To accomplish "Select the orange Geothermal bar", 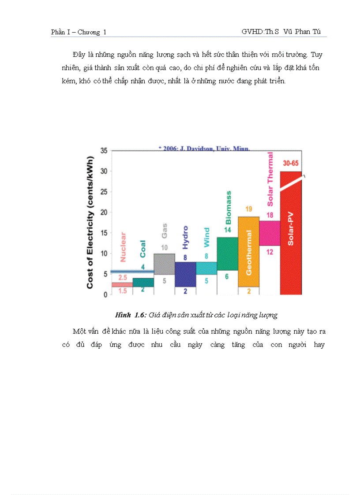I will click(x=248, y=251).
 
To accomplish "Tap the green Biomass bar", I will click(x=227, y=253).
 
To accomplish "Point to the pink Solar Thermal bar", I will click(x=270, y=233).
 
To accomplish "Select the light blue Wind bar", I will click(x=206, y=268).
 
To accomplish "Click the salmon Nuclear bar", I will click(x=122, y=285).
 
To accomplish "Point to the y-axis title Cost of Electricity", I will click(x=90, y=223).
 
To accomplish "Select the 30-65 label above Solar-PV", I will click(x=291, y=163).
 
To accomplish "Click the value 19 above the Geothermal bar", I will click(x=248, y=209).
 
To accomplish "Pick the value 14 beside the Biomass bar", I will click(x=227, y=230).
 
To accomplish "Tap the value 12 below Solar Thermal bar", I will click(x=270, y=252).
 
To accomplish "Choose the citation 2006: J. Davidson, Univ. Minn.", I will click(x=204, y=149).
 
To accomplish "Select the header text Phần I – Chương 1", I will click(x=79, y=32).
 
